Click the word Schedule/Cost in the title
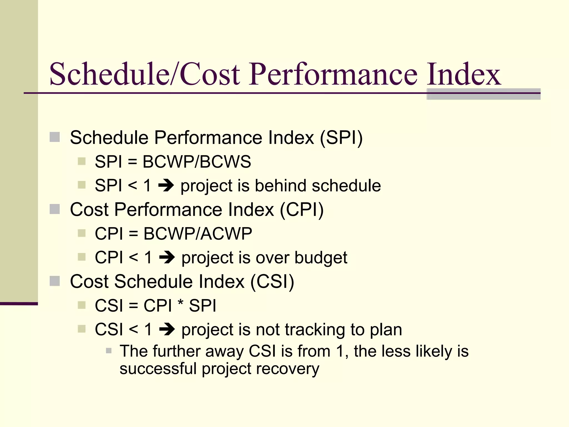click(144, 74)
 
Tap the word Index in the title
click(463, 74)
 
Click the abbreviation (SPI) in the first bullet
click(341, 138)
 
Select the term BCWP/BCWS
click(197, 162)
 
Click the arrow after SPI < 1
click(166, 185)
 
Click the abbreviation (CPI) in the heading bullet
click(301, 210)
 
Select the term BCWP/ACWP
click(198, 234)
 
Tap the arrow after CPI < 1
click(167, 257)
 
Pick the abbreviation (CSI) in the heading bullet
click(272, 282)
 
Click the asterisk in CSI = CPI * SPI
click(181, 303)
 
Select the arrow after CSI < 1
click(167, 329)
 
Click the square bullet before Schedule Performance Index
click(55, 137)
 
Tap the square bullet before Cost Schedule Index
click(55, 281)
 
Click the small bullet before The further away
click(109, 351)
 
